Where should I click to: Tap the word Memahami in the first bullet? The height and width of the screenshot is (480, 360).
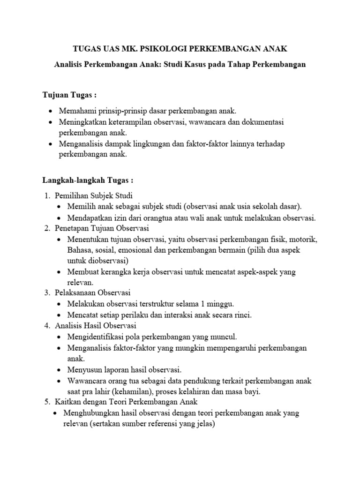click(x=75, y=112)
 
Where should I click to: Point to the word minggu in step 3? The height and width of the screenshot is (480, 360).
click(x=222, y=304)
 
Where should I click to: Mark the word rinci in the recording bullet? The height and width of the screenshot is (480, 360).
click(x=242, y=315)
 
